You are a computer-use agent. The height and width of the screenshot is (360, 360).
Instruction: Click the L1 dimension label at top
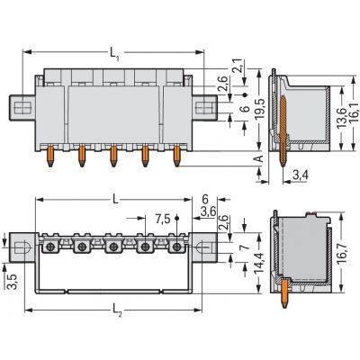[x=114, y=55]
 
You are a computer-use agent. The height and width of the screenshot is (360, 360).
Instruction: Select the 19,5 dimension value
[x=260, y=108]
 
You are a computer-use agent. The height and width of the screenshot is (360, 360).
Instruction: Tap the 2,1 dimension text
[x=238, y=66]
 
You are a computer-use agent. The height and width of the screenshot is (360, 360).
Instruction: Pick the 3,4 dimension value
[x=301, y=175]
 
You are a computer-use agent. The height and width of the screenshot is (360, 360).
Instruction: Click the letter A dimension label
[x=260, y=158]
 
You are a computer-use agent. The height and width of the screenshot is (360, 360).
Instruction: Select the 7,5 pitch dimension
[x=163, y=220]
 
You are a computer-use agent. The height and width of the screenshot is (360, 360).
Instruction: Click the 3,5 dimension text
[x=13, y=282]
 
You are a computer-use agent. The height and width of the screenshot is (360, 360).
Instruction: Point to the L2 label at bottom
[x=117, y=310]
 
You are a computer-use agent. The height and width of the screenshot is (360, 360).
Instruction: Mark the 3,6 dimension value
[x=209, y=211]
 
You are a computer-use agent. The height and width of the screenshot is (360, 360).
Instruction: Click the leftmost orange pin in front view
[x=50, y=156]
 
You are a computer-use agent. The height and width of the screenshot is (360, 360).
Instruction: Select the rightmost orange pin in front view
[x=177, y=156]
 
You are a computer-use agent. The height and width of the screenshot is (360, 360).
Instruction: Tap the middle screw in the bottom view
[x=113, y=247]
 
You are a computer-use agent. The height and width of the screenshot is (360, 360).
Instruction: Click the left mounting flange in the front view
[x=22, y=108]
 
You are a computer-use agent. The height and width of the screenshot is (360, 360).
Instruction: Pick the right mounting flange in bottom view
[x=204, y=247]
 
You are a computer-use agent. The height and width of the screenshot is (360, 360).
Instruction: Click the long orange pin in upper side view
[x=283, y=131]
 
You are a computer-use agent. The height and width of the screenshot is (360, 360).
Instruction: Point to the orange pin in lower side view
[x=284, y=293]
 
